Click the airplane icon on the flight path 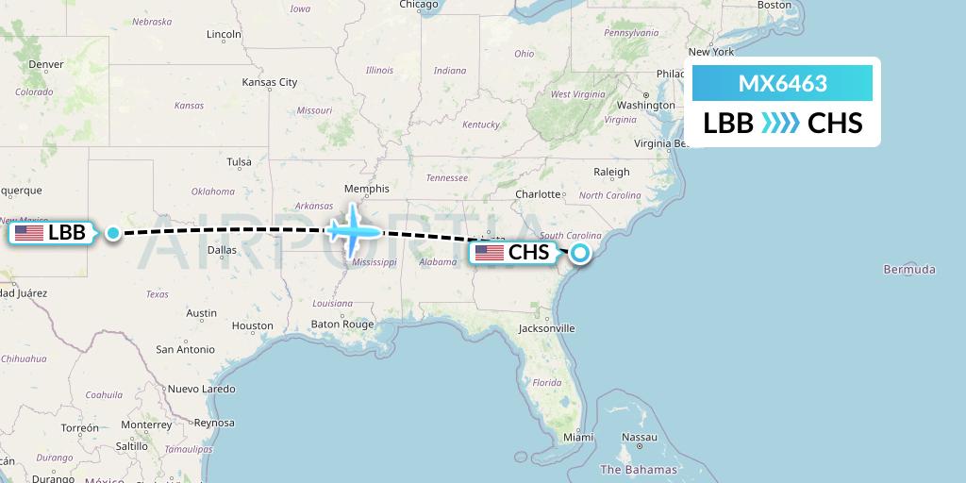(353, 230)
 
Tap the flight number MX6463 (782, 84)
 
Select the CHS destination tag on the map (514, 252)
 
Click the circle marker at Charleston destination (580, 252)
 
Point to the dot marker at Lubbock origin (113, 232)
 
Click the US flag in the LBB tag (28, 232)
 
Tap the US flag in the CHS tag (489, 252)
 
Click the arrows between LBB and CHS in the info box (780, 123)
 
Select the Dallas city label (222, 250)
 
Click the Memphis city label (367, 188)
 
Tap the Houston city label (252, 325)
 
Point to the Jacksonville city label (546, 328)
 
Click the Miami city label (578, 437)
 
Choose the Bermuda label (909, 270)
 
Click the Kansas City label (270, 82)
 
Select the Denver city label (46, 64)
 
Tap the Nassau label (640, 437)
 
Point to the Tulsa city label (239, 161)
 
